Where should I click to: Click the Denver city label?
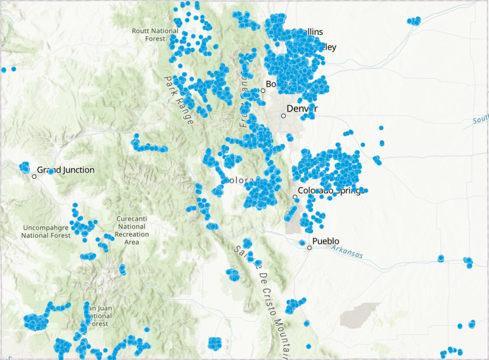[x=302, y=109]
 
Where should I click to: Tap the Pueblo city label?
[x=326, y=241]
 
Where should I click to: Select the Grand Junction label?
[x=66, y=170]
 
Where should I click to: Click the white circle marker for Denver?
[x=284, y=116]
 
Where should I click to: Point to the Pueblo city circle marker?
[x=310, y=248]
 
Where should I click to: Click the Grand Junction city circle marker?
[x=34, y=177]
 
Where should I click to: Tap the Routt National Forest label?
[x=155, y=34]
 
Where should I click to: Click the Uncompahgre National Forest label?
[x=46, y=231]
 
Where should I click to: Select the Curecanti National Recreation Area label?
[x=132, y=231]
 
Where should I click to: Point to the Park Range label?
[x=179, y=100]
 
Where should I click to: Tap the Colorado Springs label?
[x=331, y=190]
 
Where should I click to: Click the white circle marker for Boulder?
[x=263, y=90]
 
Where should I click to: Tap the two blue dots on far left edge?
[x=8, y=70]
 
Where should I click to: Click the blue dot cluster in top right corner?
[x=414, y=21]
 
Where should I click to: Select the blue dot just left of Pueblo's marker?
[x=302, y=243]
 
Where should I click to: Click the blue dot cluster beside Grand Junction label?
[x=25, y=167]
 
